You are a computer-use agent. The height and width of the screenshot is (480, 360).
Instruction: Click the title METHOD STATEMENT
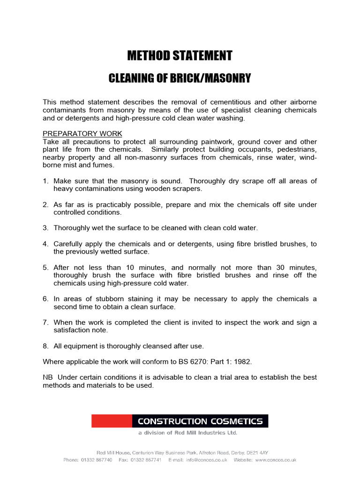[180, 56]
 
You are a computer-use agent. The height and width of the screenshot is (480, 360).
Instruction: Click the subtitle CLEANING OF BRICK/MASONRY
[180, 78]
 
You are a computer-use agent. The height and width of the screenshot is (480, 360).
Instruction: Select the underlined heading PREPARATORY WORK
[82, 134]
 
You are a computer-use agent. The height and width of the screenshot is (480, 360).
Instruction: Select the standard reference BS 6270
[203, 361]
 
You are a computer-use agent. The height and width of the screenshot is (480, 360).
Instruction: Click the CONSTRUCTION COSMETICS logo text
[200, 421]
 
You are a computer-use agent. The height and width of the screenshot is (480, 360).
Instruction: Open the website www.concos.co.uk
[276, 460]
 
